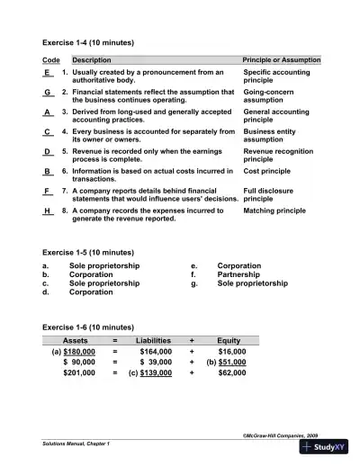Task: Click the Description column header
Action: pyautogui.click(x=92, y=59)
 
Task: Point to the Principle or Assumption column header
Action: pyautogui.click(x=281, y=59)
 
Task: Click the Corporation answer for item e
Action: pyautogui.click(x=239, y=266)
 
